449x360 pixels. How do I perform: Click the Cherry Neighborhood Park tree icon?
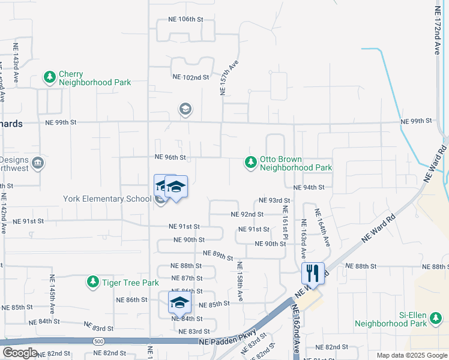[x=49, y=77]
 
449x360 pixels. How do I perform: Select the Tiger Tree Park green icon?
[x=92, y=281]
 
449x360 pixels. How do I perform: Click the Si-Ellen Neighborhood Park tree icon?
[x=437, y=322]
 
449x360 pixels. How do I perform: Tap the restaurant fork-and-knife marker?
[x=313, y=274]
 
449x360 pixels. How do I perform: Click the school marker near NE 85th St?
[x=179, y=303]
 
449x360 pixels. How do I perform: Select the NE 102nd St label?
[x=190, y=77]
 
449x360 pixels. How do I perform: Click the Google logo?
[x=20, y=353]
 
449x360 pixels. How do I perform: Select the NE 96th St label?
[x=170, y=157]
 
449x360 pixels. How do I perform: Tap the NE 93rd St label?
[x=274, y=200]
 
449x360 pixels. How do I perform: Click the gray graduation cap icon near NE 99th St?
[x=185, y=109]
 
